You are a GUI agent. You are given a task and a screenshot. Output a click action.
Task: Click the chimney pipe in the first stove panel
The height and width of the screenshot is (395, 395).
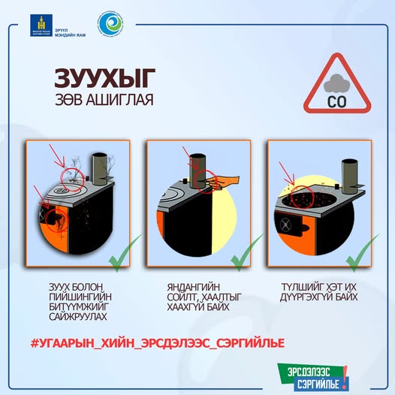tap(100, 166)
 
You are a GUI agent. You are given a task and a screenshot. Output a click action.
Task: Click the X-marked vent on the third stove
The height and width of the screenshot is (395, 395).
tap(285, 225)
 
